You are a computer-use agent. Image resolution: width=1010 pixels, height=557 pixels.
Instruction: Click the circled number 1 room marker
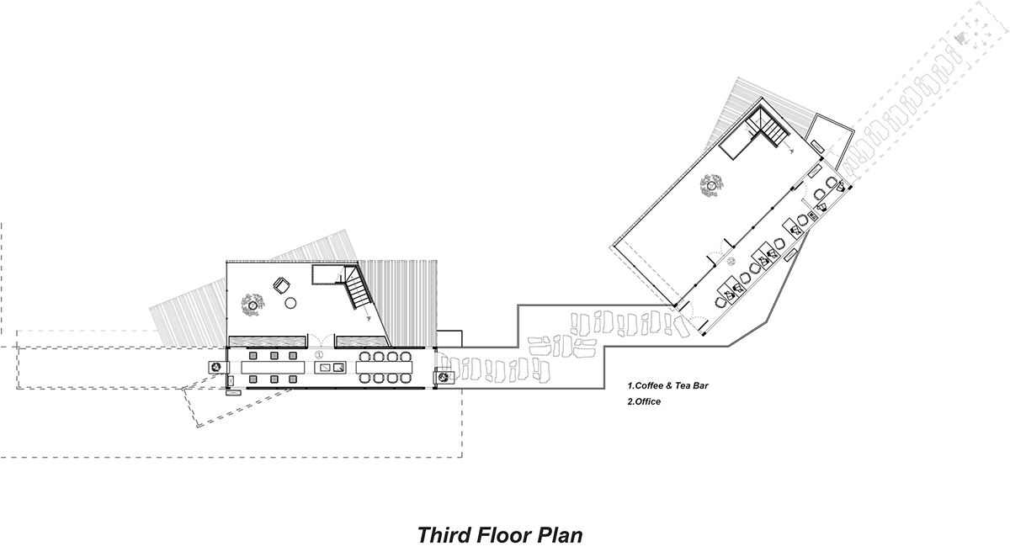coord(318,367)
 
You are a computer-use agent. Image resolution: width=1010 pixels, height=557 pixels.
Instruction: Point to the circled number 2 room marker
coord(732,263)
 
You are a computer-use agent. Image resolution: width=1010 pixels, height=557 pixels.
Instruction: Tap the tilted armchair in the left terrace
coord(281,286)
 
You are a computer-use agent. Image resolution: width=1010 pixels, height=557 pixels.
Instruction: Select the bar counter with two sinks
coord(330,368)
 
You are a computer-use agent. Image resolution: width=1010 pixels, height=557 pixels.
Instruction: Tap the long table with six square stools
coord(273,368)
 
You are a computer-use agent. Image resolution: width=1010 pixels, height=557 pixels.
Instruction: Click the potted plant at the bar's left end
coord(216,367)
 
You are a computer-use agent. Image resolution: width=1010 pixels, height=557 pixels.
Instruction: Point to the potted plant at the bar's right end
coord(441,379)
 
